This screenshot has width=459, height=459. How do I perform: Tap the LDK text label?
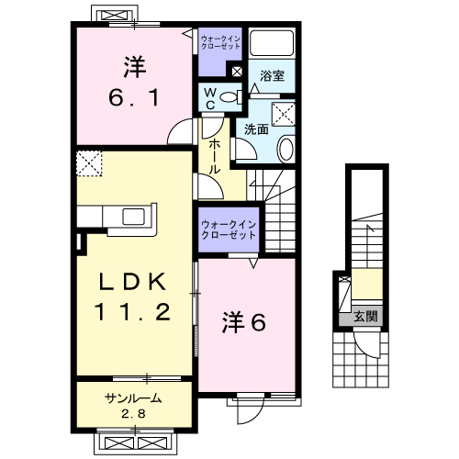point(132,282)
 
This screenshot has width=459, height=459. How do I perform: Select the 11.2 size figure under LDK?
point(130,313)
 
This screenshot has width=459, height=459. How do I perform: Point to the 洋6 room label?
point(245,322)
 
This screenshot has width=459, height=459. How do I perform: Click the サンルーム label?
point(133,399)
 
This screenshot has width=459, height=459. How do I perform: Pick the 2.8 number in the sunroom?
point(133,413)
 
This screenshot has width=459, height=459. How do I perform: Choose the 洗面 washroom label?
point(256,129)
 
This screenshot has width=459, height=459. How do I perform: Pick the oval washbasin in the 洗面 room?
point(285,149)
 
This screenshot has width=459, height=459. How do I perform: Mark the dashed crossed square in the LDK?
point(89,164)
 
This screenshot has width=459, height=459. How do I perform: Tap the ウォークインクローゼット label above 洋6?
point(229,229)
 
